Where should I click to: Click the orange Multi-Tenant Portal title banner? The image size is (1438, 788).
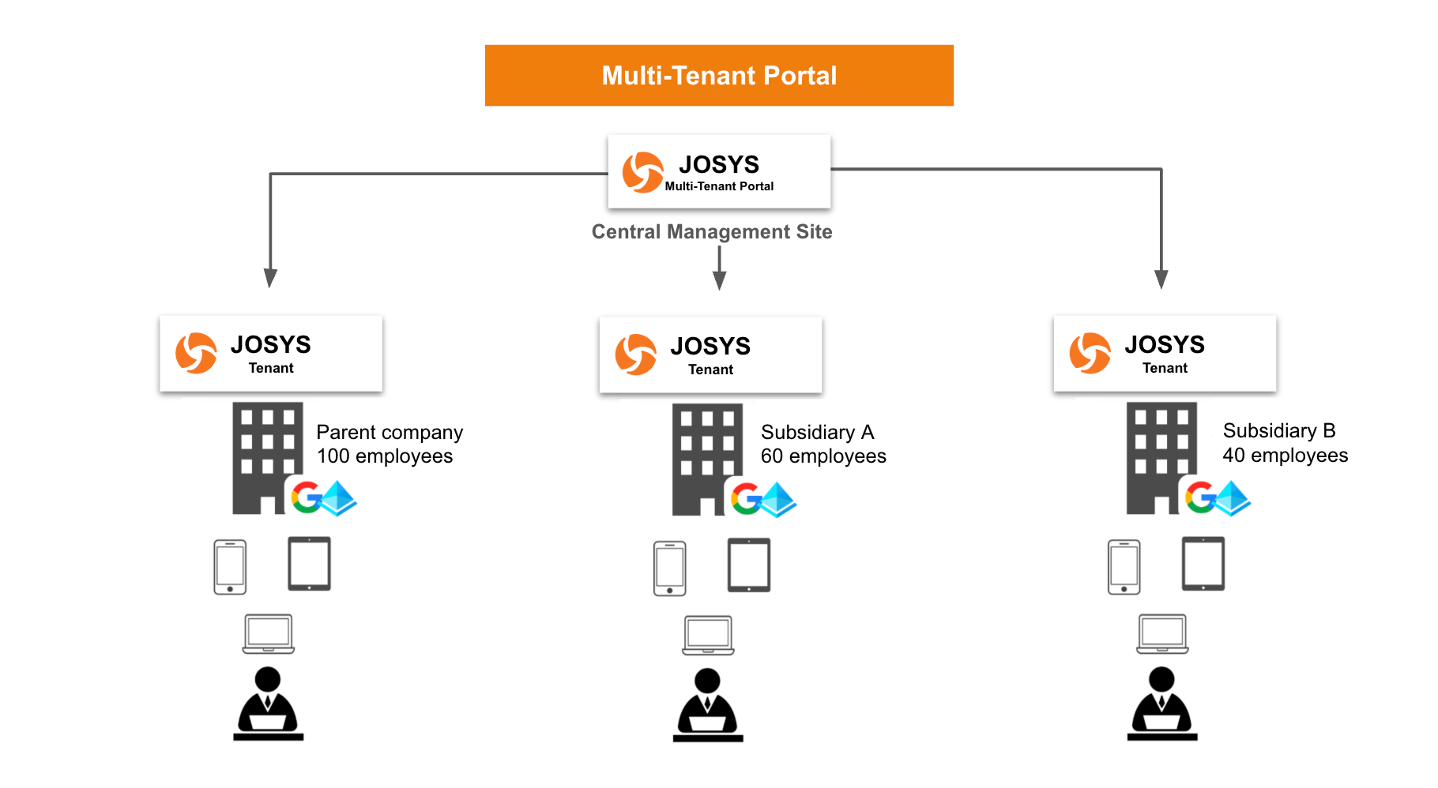(x=719, y=76)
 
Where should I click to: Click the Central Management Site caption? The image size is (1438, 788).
(x=712, y=231)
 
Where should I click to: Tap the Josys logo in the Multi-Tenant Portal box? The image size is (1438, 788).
(x=642, y=172)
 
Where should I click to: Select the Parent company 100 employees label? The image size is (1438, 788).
(x=389, y=444)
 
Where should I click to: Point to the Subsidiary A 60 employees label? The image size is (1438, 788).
(x=823, y=444)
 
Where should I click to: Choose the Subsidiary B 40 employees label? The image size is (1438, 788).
(x=1285, y=443)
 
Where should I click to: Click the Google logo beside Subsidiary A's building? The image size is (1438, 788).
(x=745, y=499)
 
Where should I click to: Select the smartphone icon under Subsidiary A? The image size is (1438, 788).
(x=669, y=568)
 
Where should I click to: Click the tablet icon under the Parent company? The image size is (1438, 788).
(x=309, y=564)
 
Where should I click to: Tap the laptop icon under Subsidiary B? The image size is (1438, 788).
(x=1162, y=634)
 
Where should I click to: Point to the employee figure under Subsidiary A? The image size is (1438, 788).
(x=708, y=704)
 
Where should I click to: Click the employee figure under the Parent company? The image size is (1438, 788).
(x=268, y=703)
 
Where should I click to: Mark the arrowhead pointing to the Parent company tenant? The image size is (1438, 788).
(x=270, y=279)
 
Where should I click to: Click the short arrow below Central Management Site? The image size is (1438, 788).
(x=719, y=268)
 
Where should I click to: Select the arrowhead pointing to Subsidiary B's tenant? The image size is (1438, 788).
(x=1161, y=280)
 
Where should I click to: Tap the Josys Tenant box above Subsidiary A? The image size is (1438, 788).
(x=710, y=355)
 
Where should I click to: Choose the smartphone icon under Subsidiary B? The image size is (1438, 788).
(x=1124, y=567)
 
